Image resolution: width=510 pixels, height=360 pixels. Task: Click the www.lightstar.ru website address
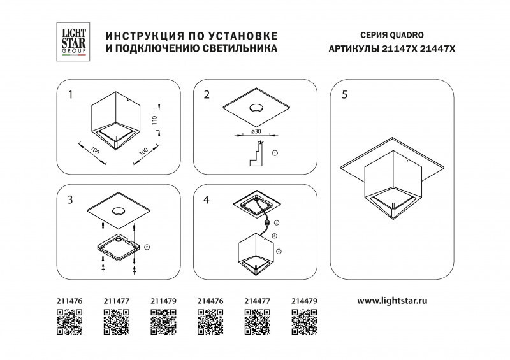tap(391, 300)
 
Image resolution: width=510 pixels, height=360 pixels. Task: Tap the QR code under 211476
tap(69, 322)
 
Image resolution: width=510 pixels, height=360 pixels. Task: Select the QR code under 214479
tap(304, 322)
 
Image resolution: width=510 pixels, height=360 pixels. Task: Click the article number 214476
tap(210, 300)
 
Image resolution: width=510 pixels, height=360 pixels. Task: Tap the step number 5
tap(345, 96)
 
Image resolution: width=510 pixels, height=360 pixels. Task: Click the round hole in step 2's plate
tap(256, 107)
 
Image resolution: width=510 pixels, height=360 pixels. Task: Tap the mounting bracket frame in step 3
tap(119, 248)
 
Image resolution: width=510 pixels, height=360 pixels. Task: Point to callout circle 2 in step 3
tap(147, 247)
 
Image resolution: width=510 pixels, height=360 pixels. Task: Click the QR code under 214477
tap(257, 322)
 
